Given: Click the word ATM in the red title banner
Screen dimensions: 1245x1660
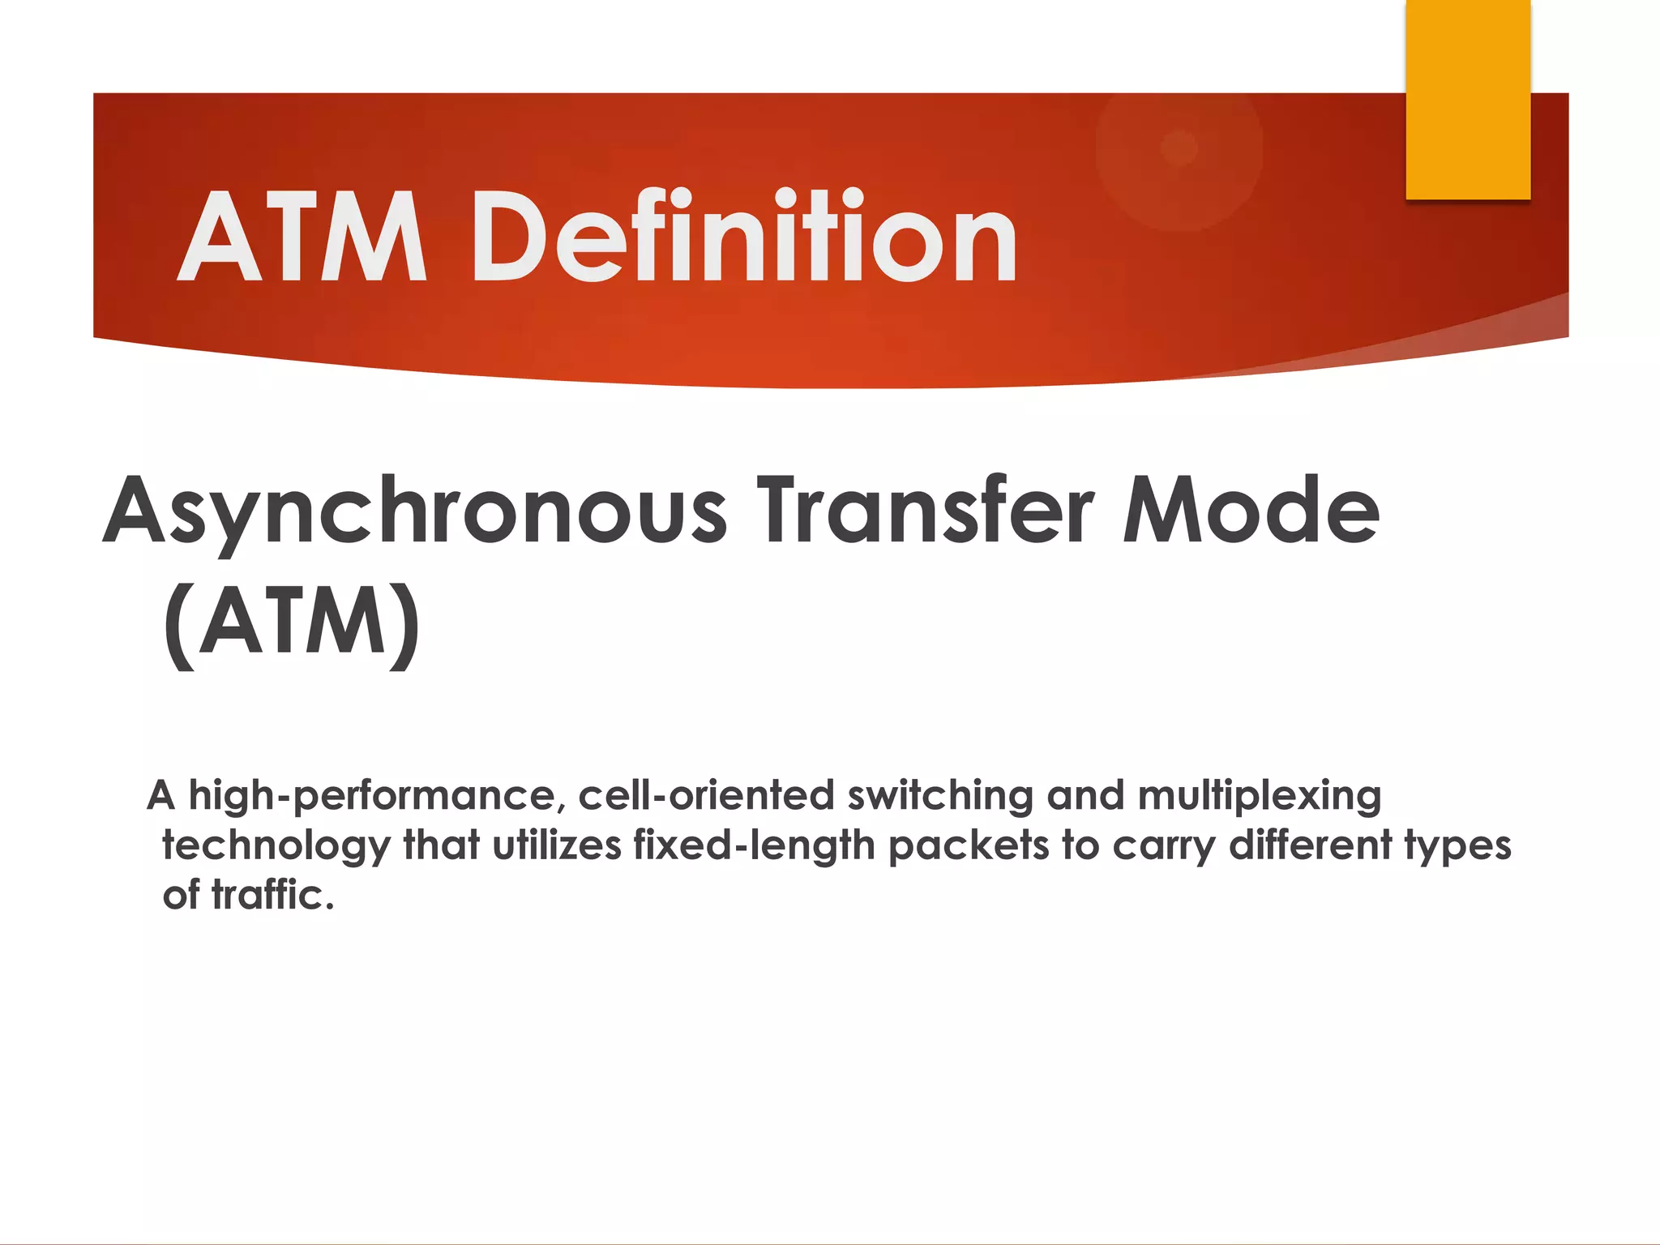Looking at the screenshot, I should pyautogui.click(x=302, y=237).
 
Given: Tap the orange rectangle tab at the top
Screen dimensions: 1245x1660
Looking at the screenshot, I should pyautogui.click(x=1467, y=99).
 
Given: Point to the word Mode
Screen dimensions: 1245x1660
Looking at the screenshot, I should pyautogui.click(x=1251, y=511).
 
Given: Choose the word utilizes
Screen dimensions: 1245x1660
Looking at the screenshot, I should pyautogui.click(x=557, y=845).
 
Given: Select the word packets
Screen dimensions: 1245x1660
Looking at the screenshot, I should pyautogui.click(x=969, y=845).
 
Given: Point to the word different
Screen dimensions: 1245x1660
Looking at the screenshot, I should pyautogui.click(x=1310, y=845).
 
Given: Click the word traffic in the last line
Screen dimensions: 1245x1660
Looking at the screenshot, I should pyautogui.click(x=272, y=895).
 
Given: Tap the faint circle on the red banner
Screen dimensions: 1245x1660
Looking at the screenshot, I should pyautogui.click(x=1179, y=148).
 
